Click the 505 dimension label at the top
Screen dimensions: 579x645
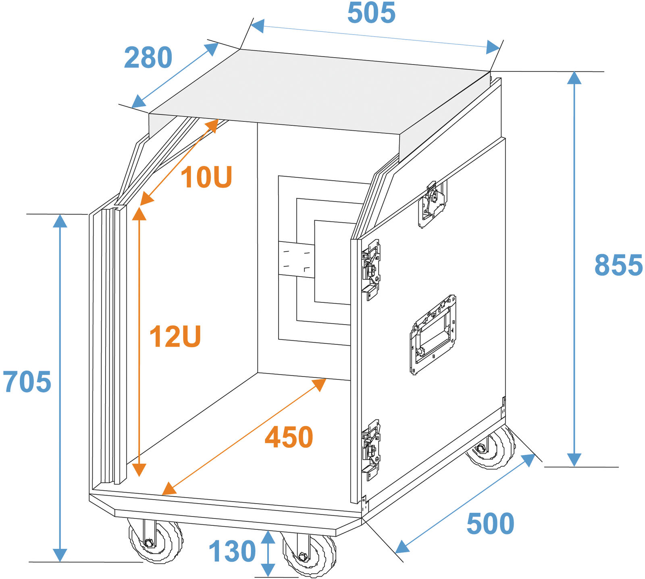tap(371, 13)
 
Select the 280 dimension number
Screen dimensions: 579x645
tap(148, 58)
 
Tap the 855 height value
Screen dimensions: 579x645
tap(618, 265)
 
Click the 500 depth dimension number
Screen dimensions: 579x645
tap(490, 524)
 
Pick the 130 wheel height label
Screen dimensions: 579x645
tap(232, 552)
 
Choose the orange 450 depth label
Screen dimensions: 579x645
tap(289, 437)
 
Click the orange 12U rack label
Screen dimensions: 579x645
tap(175, 337)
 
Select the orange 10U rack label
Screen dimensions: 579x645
tap(206, 177)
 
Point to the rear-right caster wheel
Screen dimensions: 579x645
tap(491, 450)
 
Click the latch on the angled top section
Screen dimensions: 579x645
tap(432, 204)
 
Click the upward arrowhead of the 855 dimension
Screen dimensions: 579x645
tap(574, 78)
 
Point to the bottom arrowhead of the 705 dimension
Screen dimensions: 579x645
tap(60, 554)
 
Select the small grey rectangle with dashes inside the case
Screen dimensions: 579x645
tap(296, 259)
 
